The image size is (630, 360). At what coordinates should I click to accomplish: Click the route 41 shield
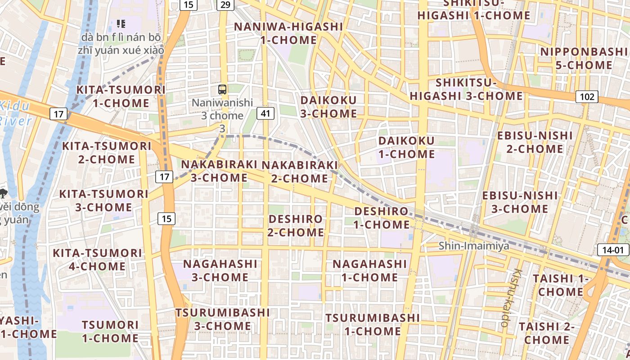(265, 113)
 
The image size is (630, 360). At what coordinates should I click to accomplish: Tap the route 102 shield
(587, 96)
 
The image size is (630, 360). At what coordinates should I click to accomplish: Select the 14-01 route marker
(613, 250)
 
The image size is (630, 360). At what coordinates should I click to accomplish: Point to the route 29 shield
(225, 4)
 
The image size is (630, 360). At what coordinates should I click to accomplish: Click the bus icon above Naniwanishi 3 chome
(222, 89)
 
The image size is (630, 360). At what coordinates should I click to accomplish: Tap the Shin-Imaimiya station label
(474, 246)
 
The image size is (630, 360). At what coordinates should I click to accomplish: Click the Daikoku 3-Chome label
(328, 107)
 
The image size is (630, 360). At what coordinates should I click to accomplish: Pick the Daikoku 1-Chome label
(406, 147)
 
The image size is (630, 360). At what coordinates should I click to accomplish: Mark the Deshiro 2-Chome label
(296, 225)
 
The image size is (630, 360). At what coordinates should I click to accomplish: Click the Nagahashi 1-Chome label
(369, 270)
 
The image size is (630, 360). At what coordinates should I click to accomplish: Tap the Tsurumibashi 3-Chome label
(223, 319)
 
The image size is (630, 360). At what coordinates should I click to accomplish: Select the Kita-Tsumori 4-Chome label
(98, 259)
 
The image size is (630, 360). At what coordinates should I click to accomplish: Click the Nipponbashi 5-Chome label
(583, 58)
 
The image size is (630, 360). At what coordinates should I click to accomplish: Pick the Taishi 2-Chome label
(546, 333)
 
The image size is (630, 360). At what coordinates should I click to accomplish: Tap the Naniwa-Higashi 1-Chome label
(288, 33)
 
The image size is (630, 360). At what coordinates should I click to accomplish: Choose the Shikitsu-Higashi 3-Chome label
(466, 89)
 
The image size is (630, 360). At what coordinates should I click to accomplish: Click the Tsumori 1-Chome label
(110, 331)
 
